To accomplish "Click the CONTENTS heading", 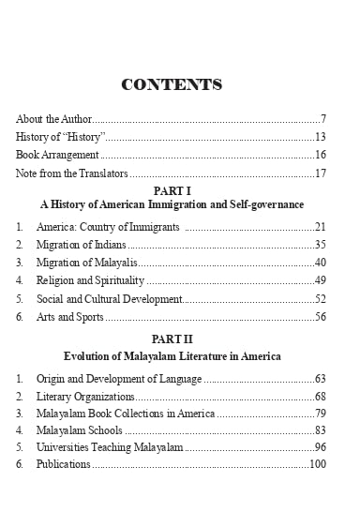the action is (172, 85).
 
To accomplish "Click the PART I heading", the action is (172, 191).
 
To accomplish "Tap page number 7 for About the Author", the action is (322, 119).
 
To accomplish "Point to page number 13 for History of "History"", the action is (319, 137).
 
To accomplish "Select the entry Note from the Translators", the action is (71, 173).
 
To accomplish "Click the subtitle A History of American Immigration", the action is (172, 203).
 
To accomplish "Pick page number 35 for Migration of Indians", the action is (319, 245).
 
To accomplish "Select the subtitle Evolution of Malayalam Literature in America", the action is (172, 356).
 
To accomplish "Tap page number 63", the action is (319, 379).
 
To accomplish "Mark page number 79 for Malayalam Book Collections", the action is (319, 414).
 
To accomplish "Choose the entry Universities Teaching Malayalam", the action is (110, 447).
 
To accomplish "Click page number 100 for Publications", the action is (317, 464).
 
